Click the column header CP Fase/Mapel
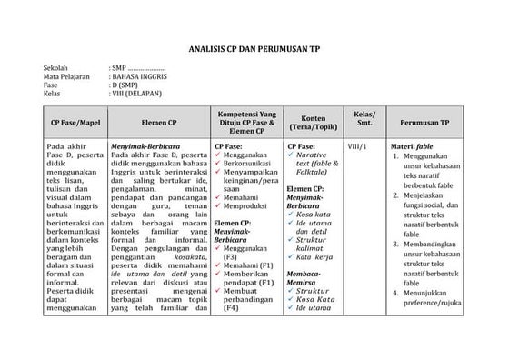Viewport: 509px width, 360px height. click(x=74, y=121)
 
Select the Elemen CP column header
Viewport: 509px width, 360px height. click(x=159, y=121)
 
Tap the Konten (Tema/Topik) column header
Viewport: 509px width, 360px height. click(x=313, y=121)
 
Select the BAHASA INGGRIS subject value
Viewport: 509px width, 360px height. click(x=140, y=77)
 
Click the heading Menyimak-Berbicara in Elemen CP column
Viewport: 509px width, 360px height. click(x=145, y=145)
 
